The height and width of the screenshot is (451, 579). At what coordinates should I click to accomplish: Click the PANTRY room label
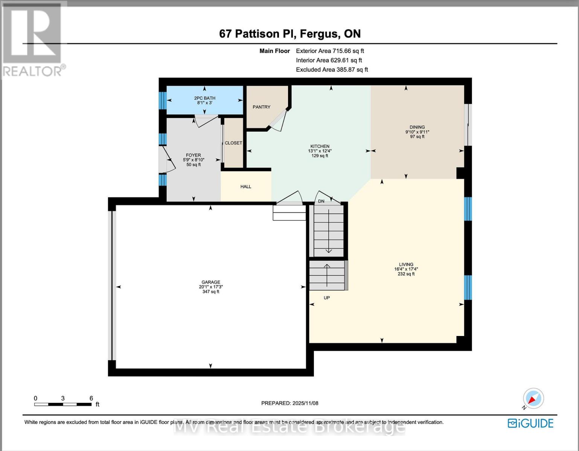tap(261, 107)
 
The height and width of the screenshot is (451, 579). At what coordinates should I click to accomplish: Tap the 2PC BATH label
tap(204, 98)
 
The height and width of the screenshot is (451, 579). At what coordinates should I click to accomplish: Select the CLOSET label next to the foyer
tap(233, 143)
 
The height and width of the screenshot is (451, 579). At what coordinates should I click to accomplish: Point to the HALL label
tap(246, 187)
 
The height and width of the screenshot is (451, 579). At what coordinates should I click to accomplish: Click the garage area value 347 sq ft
tap(210, 292)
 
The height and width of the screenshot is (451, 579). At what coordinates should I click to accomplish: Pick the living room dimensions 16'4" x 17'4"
tap(406, 269)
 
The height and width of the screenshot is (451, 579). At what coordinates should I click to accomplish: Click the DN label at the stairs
tap(321, 201)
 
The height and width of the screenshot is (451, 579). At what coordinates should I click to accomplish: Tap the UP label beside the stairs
tap(327, 298)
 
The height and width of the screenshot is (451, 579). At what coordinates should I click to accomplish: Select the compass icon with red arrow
tap(533, 398)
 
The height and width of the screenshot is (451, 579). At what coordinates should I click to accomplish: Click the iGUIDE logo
tap(530, 423)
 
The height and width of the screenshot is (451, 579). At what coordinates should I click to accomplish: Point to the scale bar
tap(63, 404)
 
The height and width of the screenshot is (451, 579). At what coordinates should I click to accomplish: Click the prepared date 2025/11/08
tap(305, 403)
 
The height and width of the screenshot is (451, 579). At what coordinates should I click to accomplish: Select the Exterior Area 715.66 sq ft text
tap(330, 51)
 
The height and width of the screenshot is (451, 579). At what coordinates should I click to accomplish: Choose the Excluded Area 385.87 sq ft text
tap(332, 70)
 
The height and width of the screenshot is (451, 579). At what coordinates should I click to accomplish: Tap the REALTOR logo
tap(33, 39)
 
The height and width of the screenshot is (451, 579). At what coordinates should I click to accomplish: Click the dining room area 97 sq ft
tap(417, 137)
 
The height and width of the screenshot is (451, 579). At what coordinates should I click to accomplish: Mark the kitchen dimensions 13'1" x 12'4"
tap(320, 151)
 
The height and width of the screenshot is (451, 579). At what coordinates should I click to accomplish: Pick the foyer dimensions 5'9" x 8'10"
tap(194, 160)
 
